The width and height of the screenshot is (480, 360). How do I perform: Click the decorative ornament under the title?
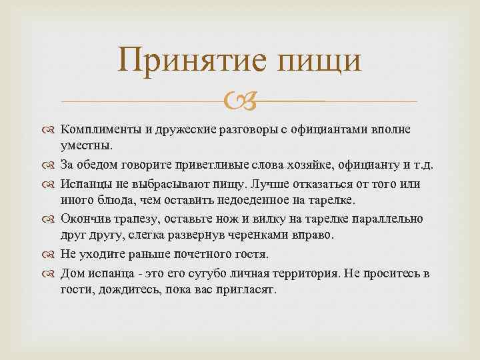239,101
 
